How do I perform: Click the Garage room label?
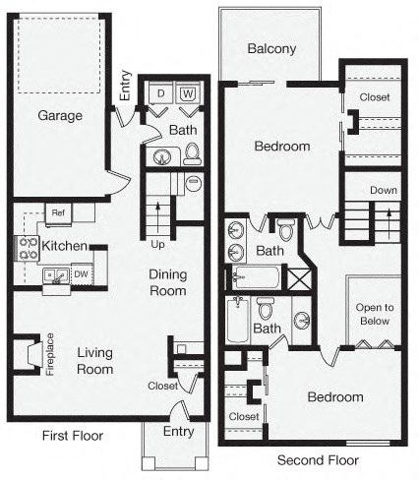(60, 116)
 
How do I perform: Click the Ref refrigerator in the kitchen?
(57, 211)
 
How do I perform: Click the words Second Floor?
(318, 460)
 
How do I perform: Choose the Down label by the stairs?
(383, 190)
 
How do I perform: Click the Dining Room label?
(167, 282)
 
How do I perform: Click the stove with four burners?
(25, 247)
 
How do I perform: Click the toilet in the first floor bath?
(192, 153)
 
